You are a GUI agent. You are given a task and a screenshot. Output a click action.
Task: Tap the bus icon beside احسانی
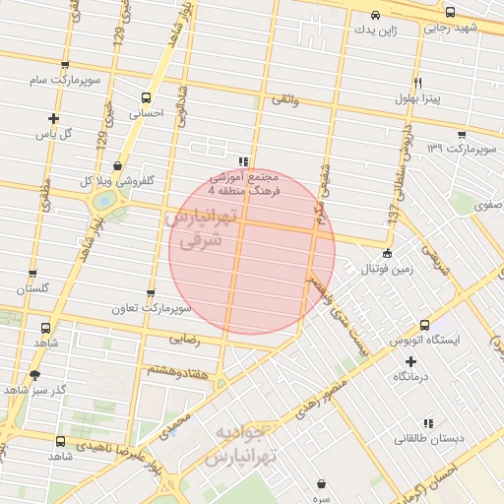click(x=146, y=97)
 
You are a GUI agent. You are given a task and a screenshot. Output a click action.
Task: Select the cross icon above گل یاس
click(x=53, y=118)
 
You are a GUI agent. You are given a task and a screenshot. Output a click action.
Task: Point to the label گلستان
click(x=32, y=289)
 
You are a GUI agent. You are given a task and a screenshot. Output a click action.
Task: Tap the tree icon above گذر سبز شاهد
click(x=36, y=374)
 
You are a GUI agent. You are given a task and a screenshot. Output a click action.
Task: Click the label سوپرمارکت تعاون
click(x=150, y=310)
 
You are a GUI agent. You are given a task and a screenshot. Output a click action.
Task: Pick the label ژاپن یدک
click(x=376, y=30)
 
